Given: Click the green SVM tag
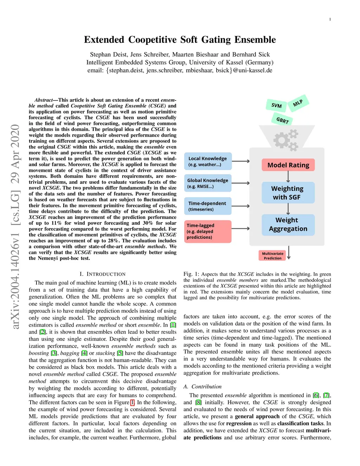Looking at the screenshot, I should pos(276,106).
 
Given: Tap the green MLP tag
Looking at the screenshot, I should pos(298,103).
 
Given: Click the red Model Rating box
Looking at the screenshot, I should pos(288,165).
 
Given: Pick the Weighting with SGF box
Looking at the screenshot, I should pos(288,193).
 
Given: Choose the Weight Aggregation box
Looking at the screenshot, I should pos(288,224).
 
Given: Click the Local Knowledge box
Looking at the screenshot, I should pos(207,161).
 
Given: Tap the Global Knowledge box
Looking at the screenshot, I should pos(207,183).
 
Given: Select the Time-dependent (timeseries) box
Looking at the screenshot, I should pos(207,206).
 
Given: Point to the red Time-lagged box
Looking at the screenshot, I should pos(207,231).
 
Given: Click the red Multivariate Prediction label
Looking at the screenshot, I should pos(272,256).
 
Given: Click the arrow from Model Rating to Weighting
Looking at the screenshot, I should pos(288,177).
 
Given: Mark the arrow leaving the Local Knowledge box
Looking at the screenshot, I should pos(241,161).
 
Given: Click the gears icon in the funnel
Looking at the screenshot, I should pos(286,140).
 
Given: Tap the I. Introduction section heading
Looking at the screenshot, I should pos(102,274).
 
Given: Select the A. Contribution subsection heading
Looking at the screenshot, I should pos(202,387).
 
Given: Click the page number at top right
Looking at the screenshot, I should pos(330,19).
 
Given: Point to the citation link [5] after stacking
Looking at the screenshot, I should pos(120,353).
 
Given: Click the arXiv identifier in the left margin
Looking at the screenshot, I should pos(15,227).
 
